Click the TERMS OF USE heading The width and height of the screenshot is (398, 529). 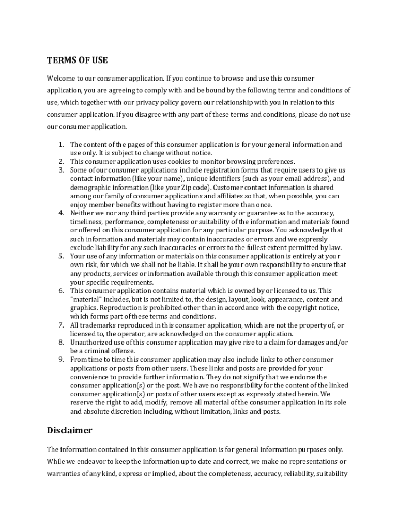pyautogui.click(x=77, y=60)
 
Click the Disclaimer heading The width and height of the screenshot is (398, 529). pyautogui.click(x=69, y=430)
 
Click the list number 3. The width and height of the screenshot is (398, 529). pyautogui.click(x=60, y=170)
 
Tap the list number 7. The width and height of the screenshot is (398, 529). pyautogui.click(x=60, y=325)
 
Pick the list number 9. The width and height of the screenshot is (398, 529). pyautogui.click(x=60, y=360)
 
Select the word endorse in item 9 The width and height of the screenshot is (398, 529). pyautogui.click(x=303, y=377)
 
